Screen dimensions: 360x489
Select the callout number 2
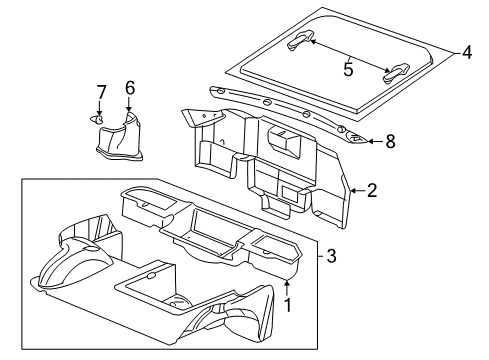click(371, 190)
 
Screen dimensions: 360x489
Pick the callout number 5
click(348, 71)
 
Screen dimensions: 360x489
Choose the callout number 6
click(129, 88)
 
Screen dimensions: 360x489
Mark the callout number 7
click(101, 93)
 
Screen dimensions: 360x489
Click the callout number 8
click(390, 142)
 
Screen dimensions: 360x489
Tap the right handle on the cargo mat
click(395, 69)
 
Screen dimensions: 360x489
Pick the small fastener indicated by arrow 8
click(355, 141)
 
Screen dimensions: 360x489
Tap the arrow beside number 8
click(372, 142)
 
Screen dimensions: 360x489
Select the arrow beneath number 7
click(101, 109)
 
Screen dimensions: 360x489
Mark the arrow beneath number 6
click(129, 106)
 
